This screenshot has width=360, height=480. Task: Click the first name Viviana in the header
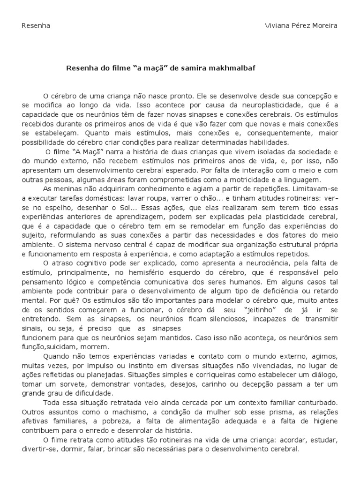point(278,25)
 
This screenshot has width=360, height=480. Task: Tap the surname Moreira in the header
point(324,25)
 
